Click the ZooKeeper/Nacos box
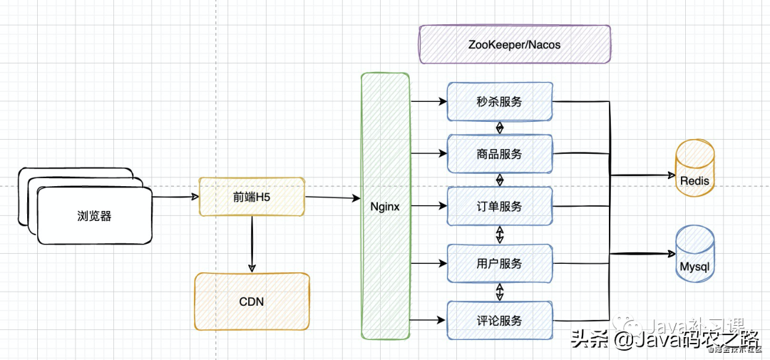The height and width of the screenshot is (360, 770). coord(514,44)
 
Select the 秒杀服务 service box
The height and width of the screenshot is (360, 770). coord(499,101)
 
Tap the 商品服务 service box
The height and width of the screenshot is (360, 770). coord(499,153)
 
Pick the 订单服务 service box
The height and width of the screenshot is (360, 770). coord(499,206)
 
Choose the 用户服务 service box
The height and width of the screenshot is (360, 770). coord(499,263)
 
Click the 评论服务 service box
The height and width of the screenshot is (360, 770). coord(499,320)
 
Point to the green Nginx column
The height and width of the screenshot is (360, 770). coord(385,206)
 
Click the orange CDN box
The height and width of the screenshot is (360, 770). coord(252,302)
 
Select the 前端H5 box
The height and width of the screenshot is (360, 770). coord(251,196)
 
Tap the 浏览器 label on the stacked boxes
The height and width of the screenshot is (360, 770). coord(94,216)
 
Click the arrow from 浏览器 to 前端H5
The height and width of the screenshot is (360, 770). coord(175,196)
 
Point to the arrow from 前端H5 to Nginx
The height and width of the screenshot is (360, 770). coord(332,198)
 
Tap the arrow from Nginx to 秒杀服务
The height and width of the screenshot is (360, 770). coord(428,101)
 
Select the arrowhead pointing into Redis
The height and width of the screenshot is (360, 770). coord(670,175)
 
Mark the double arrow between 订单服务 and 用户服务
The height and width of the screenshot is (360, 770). coord(500,235)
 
